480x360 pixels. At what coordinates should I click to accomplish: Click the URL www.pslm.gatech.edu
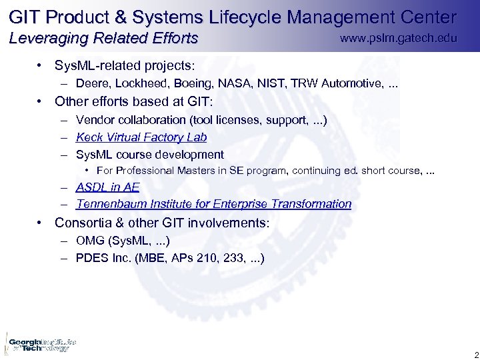coord(398,38)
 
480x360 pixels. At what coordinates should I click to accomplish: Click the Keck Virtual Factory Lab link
coord(141,137)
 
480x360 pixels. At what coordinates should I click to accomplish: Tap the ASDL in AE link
coord(107,187)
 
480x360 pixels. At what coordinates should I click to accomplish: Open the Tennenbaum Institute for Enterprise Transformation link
coord(213,204)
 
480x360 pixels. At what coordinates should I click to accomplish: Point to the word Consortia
coord(85,223)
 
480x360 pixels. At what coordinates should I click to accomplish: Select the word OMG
coord(89,240)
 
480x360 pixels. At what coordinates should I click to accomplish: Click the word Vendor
coord(95,120)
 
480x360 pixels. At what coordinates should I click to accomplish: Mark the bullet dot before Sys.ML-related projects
coord(41,66)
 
